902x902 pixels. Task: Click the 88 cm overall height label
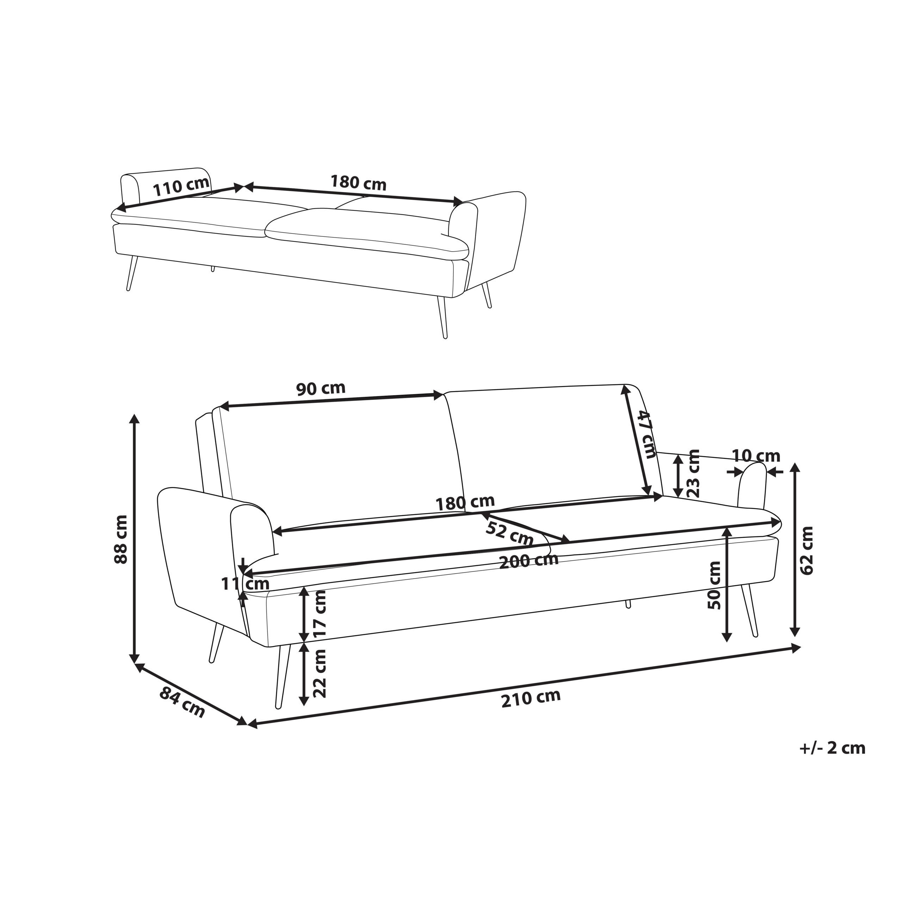[121, 539]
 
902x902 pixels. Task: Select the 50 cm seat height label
[714, 586]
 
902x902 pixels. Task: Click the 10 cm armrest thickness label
[755, 455]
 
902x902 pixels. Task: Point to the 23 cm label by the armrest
[694, 474]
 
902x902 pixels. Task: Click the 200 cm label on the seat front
[529, 561]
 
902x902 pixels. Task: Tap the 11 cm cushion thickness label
[245, 583]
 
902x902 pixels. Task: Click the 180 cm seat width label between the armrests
[464, 503]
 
